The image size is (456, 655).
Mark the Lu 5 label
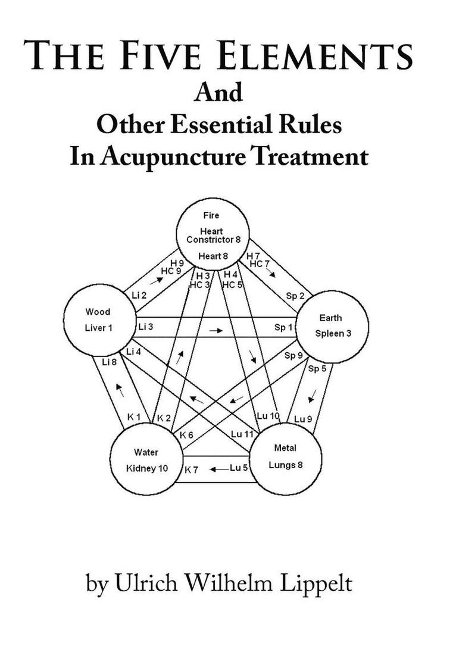[238, 469]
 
